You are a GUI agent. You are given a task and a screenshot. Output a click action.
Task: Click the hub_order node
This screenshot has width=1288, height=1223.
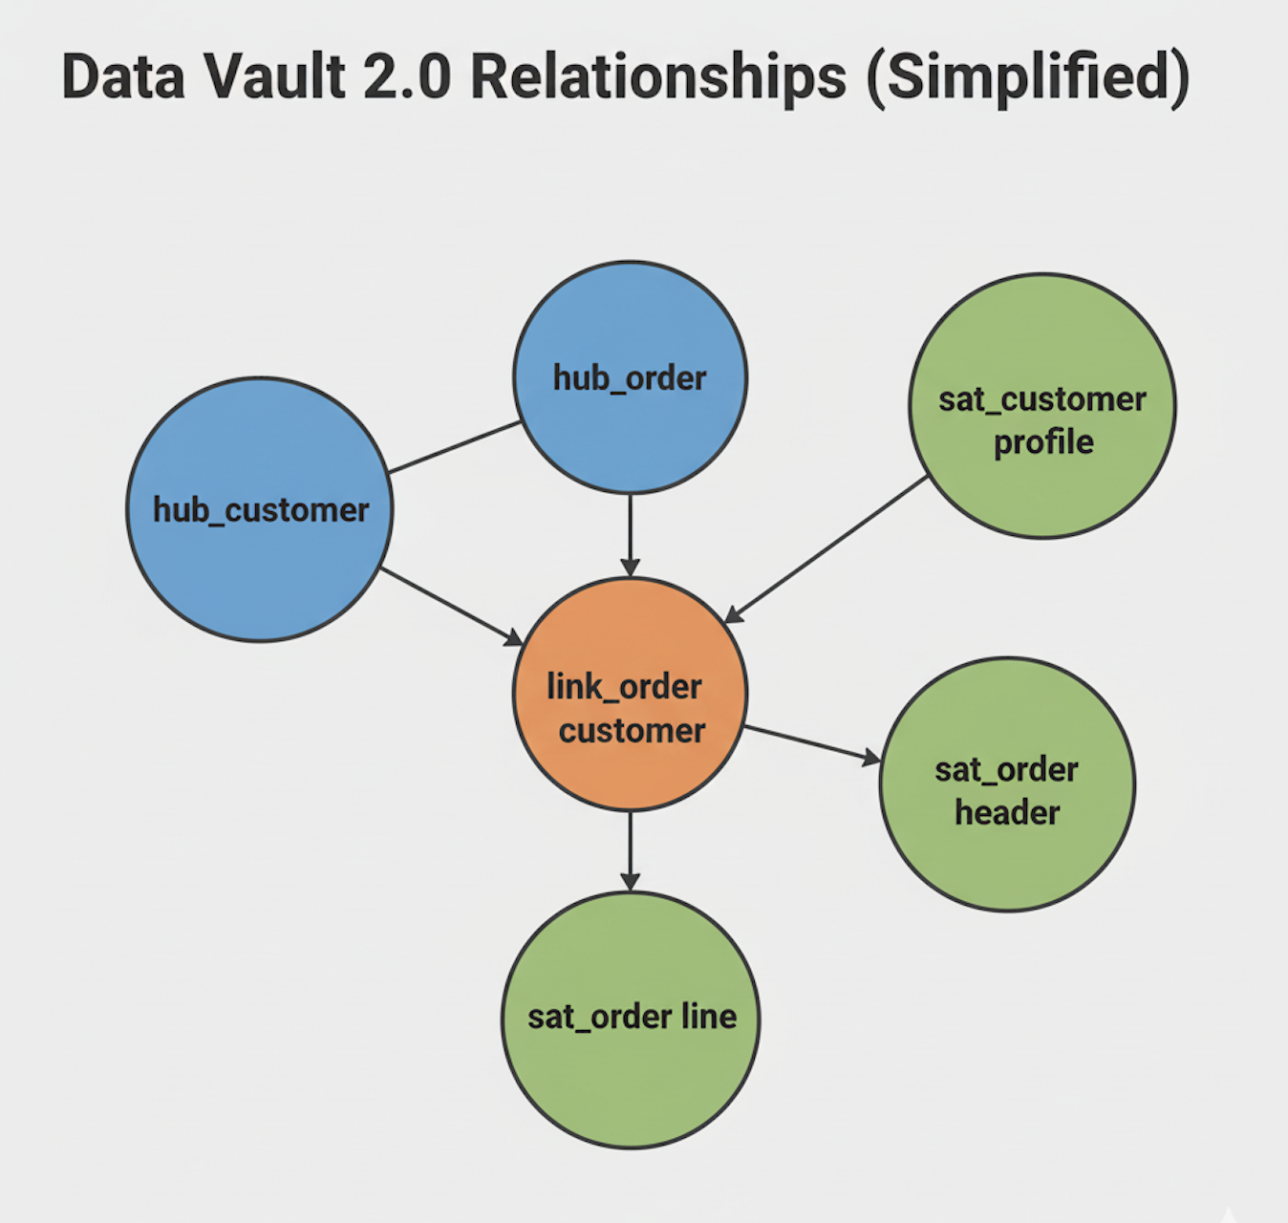(x=630, y=377)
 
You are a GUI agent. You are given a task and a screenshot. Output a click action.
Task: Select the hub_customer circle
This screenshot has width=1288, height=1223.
(x=260, y=509)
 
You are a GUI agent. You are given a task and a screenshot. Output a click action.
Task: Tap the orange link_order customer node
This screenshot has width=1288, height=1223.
(x=630, y=695)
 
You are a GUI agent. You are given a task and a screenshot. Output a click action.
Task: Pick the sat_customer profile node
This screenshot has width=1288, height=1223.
(x=1041, y=406)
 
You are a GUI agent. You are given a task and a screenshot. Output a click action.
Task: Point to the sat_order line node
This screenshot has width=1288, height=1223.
(x=631, y=1019)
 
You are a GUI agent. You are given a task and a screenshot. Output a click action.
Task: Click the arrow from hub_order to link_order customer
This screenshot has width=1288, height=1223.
(x=630, y=535)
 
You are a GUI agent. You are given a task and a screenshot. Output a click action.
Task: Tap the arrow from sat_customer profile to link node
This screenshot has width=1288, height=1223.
(x=827, y=549)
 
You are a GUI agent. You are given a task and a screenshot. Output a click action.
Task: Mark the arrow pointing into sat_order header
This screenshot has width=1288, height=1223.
(x=812, y=743)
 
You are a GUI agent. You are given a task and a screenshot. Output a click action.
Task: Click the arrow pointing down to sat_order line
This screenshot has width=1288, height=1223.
(x=630, y=850)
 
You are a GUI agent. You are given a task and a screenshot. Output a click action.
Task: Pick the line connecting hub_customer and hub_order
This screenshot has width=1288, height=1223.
(x=455, y=446)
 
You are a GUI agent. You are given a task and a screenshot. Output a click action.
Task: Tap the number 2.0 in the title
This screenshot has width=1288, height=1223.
(x=407, y=76)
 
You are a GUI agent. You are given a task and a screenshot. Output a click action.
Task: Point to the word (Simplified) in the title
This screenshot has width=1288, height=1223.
(x=1028, y=76)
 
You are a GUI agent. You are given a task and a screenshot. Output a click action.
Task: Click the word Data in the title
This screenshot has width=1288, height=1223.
(x=123, y=76)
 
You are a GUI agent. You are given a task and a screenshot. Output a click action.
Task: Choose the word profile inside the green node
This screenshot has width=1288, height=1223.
(x=1043, y=442)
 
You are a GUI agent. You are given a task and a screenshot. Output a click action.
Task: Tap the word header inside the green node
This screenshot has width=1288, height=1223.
(x=1007, y=812)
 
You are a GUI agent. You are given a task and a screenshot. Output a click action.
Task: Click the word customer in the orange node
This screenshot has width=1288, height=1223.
(x=632, y=731)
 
